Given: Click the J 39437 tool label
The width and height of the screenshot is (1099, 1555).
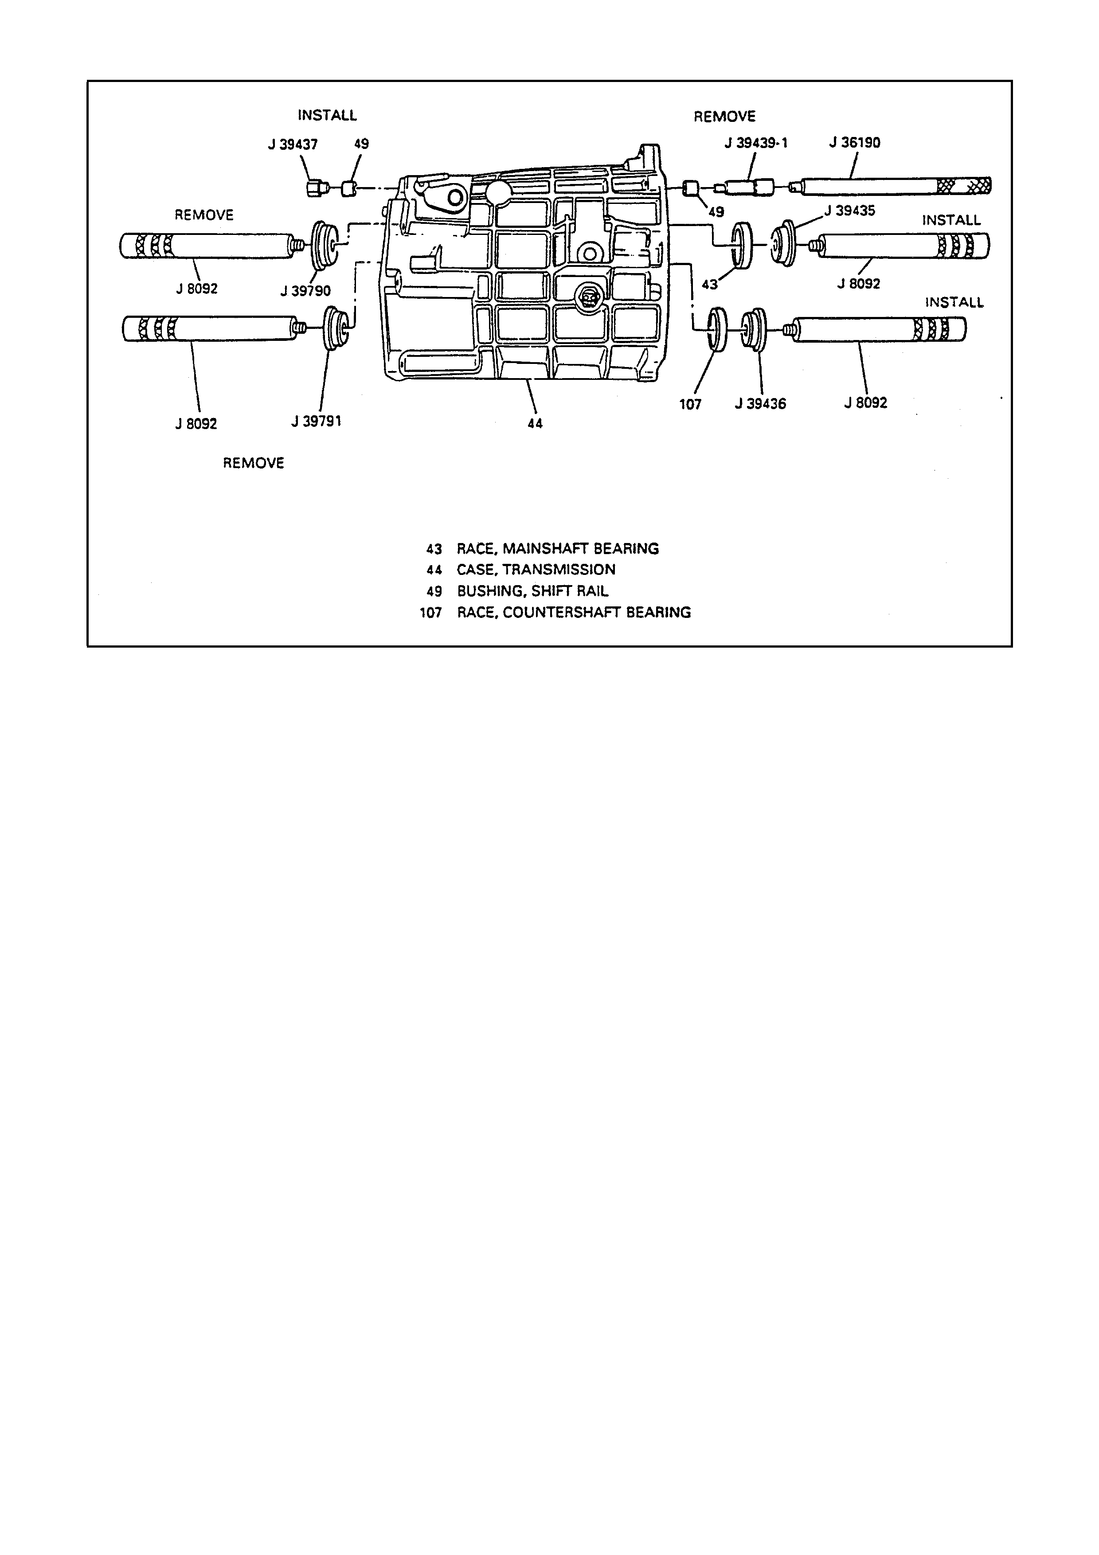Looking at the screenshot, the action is pyautogui.click(x=293, y=144).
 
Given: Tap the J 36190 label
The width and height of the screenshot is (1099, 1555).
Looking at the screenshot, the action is pyautogui.click(x=855, y=143).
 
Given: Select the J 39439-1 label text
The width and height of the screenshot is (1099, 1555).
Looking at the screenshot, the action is pyautogui.click(x=756, y=144).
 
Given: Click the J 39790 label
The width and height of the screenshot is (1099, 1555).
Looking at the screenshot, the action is pyautogui.click(x=305, y=291).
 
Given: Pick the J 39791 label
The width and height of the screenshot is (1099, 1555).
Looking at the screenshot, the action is pyautogui.click(x=316, y=421).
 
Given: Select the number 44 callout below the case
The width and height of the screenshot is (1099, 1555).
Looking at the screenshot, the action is pyautogui.click(x=535, y=424).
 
